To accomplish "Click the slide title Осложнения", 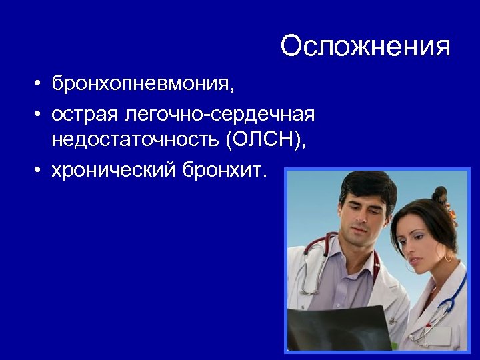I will (x=365, y=47).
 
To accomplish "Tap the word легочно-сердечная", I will (x=219, y=114).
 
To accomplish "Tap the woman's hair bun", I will (x=441, y=196).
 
